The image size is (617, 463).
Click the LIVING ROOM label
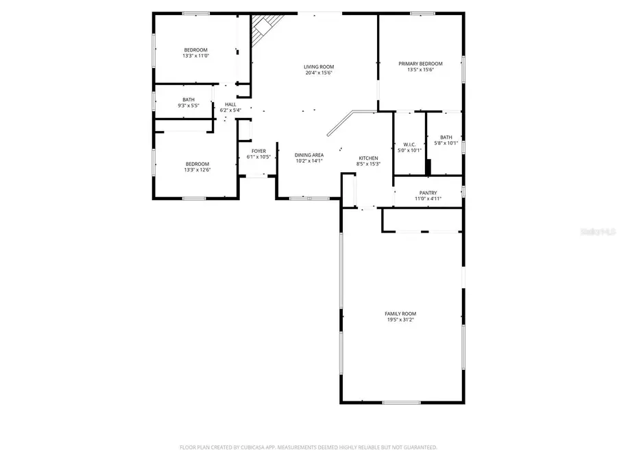point(319,67)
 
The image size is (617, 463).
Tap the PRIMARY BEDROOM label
point(420,63)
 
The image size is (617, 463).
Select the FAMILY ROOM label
point(400,313)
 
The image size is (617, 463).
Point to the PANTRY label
point(428,193)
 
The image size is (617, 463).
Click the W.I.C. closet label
point(410,144)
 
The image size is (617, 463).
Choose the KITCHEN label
point(368,158)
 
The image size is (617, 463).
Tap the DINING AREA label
point(309,155)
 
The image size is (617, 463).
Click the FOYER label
point(258,151)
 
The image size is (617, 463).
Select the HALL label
point(230,104)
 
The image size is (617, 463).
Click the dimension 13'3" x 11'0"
point(196,56)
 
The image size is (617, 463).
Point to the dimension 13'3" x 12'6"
point(197,169)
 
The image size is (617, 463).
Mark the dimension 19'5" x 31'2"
point(400,320)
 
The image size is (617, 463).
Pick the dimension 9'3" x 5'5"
point(189,106)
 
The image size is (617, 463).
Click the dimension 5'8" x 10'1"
point(446,143)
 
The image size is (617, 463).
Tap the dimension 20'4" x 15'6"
point(319,73)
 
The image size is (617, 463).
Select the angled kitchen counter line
point(339,123)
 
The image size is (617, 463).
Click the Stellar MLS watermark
point(598,233)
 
